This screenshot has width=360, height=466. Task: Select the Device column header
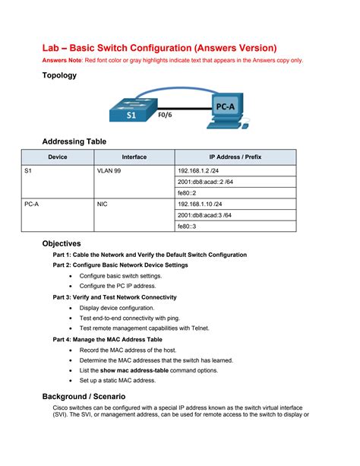tap(58, 157)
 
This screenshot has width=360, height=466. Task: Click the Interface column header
tap(134, 157)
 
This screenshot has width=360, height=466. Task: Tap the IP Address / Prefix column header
tap(235, 157)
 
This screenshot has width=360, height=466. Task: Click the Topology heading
tap(59, 75)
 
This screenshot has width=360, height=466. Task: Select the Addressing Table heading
tap(74, 141)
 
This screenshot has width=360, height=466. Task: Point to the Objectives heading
tap(62, 243)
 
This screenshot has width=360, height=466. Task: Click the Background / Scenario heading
tap(84, 396)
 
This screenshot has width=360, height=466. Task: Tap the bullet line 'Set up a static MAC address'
tap(118, 380)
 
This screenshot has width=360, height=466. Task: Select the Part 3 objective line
tap(115, 297)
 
